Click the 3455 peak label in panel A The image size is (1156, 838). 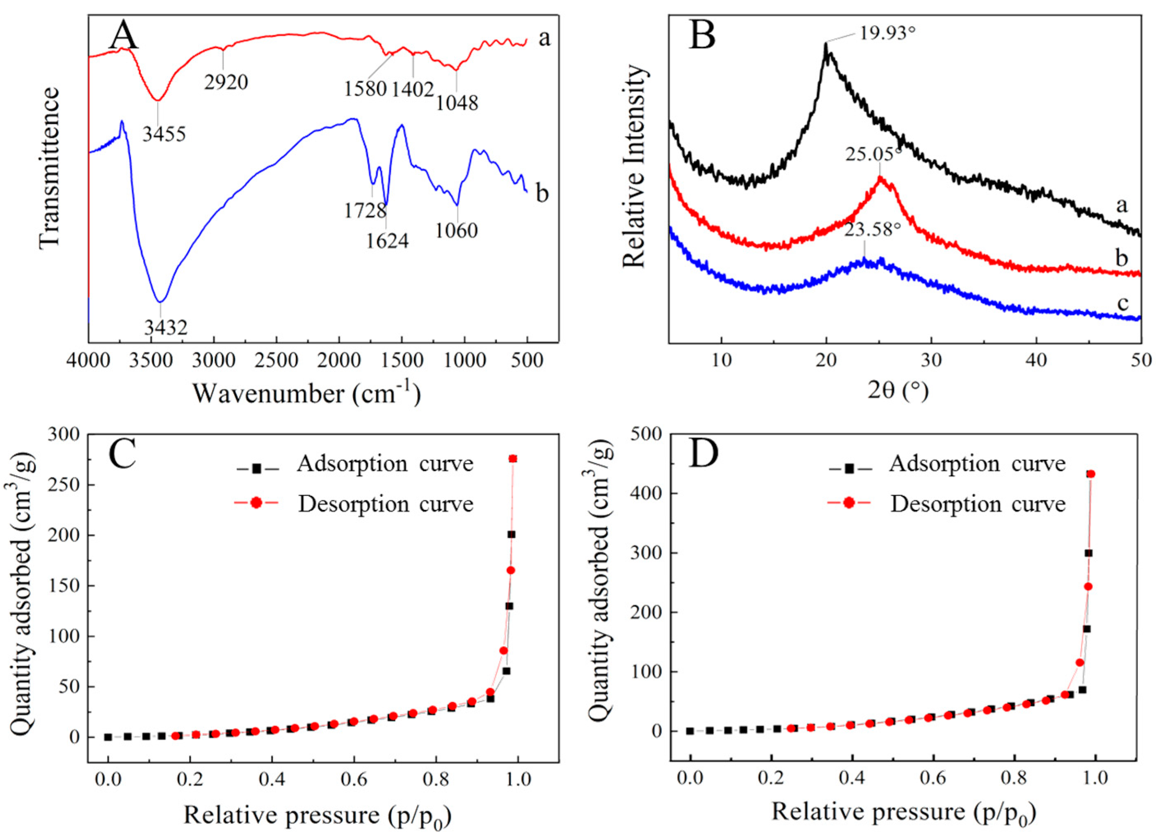point(164,134)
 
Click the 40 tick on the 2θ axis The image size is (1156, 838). point(1036,361)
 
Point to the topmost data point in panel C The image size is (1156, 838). point(513,459)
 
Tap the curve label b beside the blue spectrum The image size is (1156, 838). point(542,194)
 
